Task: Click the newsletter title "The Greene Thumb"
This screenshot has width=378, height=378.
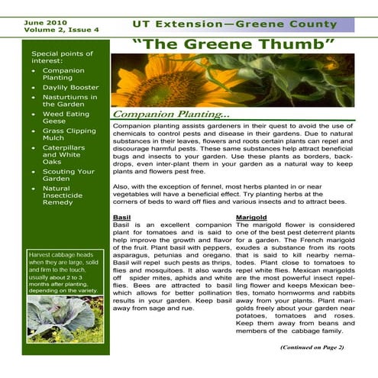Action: [x=234, y=44]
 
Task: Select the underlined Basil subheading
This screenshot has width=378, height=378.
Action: [x=121, y=218]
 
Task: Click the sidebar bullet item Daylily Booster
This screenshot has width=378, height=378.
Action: [x=70, y=88]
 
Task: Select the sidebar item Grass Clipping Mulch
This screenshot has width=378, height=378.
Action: [x=69, y=135]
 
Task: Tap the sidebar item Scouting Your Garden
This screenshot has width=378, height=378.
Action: [x=69, y=176]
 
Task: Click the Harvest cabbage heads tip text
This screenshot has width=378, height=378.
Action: [x=65, y=273]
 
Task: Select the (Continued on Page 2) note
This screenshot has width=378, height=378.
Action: [x=312, y=347]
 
